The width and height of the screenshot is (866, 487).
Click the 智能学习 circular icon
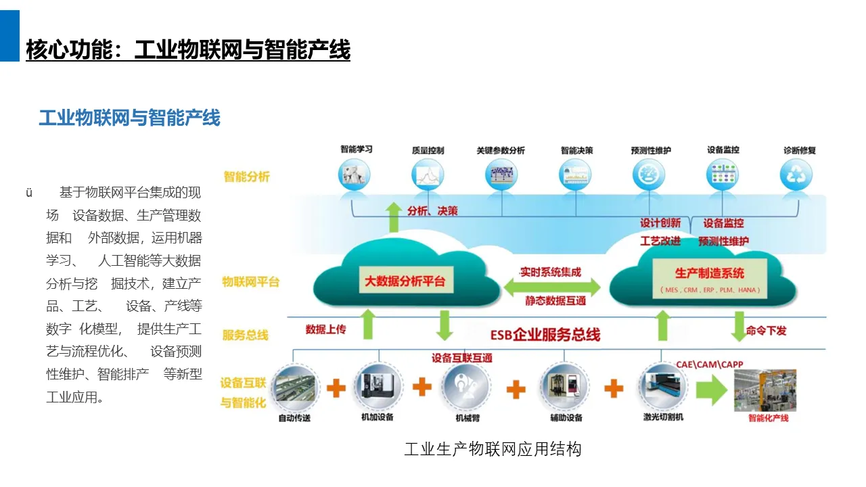click(x=357, y=175)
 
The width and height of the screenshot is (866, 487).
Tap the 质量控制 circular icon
click(x=428, y=175)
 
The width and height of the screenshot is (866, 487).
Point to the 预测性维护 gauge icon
click(x=650, y=175)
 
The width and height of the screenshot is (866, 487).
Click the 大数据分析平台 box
click(x=405, y=281)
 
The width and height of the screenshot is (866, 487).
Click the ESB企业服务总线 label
click(x=545, y=334)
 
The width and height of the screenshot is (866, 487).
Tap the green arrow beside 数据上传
click(x=367, y=325)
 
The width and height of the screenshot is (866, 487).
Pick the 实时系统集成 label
click(x=550, y=272)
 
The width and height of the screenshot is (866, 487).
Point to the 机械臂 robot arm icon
click(x=465, y=387)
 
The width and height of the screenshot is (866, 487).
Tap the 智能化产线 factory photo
click(x=765, y=390)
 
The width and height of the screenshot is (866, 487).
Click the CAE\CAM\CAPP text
click(x=709, y=364)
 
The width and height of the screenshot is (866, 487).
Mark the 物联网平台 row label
click(x=250, y=282)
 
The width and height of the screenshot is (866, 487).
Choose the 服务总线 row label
click(x=245, y=335)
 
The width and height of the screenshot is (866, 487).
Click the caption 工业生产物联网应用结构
click(x=493, y=449)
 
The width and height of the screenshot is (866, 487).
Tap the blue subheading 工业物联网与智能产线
click(x=129, y=118)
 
